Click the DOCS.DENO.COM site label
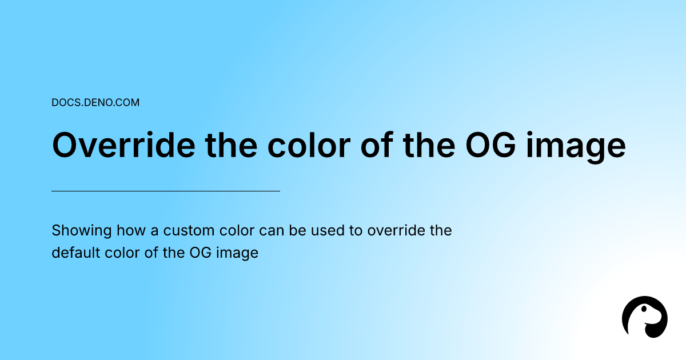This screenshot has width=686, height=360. (95, 102)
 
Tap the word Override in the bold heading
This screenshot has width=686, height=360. (123, 145)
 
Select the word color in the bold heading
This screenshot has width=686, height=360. (309, 145)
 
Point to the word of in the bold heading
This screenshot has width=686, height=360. (377, 145)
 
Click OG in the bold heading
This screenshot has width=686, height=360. (490, 145)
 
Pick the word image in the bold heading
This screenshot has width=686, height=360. (576, 147)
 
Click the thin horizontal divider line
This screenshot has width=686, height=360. (166, 191)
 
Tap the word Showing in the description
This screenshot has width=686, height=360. (81, 230)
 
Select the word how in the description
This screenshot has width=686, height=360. (131, 230)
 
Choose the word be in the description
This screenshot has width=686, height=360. (297, 230)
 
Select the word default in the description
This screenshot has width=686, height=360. (75, 253)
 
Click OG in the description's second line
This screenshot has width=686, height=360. (200, 253)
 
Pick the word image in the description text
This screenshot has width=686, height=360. (237, 254)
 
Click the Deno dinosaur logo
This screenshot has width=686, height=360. (645, 317)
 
